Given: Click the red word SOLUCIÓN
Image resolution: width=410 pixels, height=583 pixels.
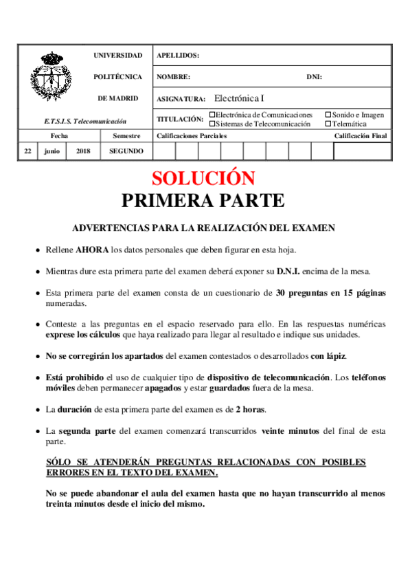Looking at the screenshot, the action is click(x=203, y=178).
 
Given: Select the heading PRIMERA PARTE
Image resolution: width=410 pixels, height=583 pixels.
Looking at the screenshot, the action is click(x=203, y=200).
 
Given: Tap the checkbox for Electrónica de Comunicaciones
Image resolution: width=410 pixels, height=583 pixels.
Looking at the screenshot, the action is click(x=212, y=115).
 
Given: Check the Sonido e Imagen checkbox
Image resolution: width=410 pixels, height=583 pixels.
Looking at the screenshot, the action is click(x=328, y=115).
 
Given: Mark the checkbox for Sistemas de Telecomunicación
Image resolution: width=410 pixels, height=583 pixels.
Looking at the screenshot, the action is click(x=212, y=124).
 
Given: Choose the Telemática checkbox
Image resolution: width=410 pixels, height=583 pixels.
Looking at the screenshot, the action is click(x=328, y=124).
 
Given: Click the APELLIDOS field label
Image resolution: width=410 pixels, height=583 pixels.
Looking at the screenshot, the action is click(x=178, y=56).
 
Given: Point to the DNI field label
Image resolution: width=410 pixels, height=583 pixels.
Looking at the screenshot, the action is click(x=314, y=77).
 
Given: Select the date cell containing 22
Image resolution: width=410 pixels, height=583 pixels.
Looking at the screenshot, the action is click(x=27, y=151).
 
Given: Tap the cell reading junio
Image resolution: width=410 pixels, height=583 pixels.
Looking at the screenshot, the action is click(x=52, y=151).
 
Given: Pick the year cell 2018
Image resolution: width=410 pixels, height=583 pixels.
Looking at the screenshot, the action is click(x=83, y=151).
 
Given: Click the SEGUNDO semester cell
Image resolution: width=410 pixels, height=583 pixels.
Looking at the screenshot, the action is click(x=126, y=151).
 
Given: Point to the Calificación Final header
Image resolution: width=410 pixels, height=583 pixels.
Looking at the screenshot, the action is click(x=361, y=136).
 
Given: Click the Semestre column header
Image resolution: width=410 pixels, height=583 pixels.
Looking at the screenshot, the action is click(x=126, y=136).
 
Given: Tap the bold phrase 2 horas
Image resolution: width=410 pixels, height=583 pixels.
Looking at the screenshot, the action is click(x=250, y=410).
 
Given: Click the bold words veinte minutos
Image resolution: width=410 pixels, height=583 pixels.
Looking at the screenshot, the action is click(x=291, y=431).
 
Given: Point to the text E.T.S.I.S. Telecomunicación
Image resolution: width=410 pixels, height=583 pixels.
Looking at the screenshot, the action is click(x=85, y=121).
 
